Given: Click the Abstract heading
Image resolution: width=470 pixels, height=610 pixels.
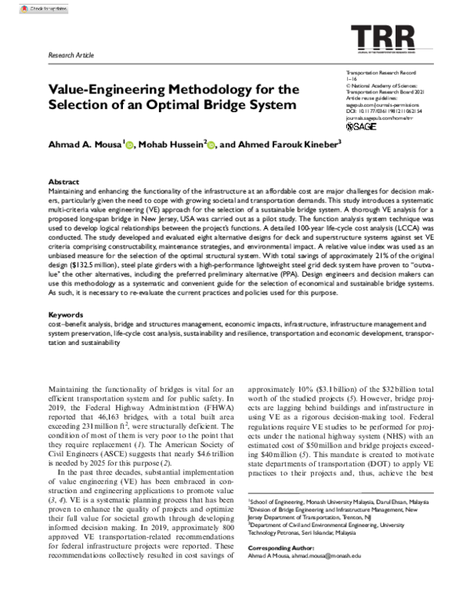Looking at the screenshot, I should coord(63,180).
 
